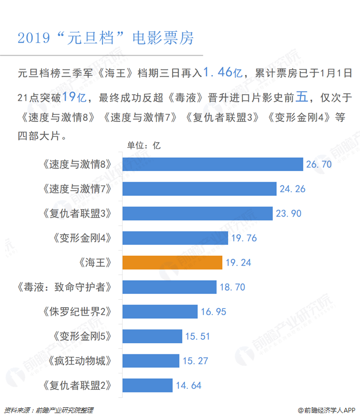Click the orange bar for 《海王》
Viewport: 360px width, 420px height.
pyautogui.click(x=172, y=262)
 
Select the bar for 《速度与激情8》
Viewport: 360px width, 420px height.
pyautogui.click(x=212, y=164)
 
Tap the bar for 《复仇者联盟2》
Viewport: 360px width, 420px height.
pyautogui.click(x=147, y=385)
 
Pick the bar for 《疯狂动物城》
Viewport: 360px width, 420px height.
pyautogui.click(x=151, y=361)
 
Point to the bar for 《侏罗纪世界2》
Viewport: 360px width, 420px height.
pyautogui.click(x=160, y=311)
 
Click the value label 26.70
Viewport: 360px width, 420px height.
pyautogui.click(x=319, y=164)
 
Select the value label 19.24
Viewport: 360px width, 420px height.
pyautogui.click(x=239, y=263)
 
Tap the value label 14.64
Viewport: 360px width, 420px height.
pyautogui.click(x=188, y=386)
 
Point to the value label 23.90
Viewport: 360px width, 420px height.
pyautogui.click(x=289, y=213)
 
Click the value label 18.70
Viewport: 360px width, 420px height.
pyautogui.click(x=233, y=287)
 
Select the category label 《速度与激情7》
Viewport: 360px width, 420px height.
pyautogui.click(x=78, y=189)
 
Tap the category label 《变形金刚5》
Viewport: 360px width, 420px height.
pyautogui.click(x=83, y=336)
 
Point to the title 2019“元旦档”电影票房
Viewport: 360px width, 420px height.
pyautogui.click(x=106, y=38)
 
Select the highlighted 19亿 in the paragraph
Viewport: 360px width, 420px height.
pyautogui.click(x=74, y=97)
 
